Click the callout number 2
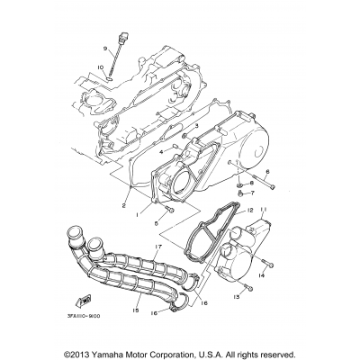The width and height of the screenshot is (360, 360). click(124, 206)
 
